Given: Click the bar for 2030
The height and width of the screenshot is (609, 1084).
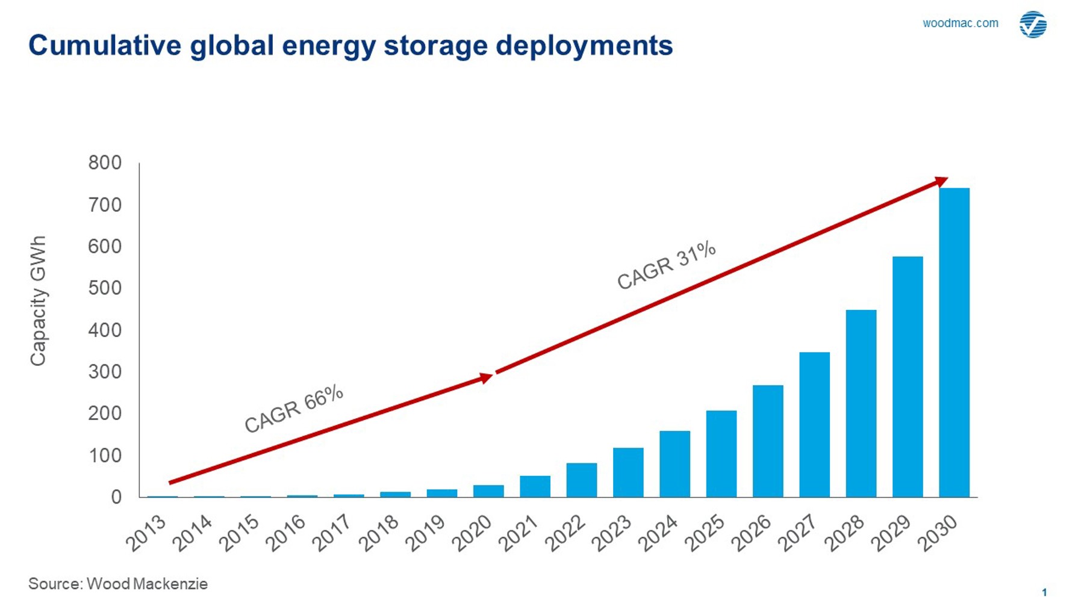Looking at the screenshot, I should coord(954,342).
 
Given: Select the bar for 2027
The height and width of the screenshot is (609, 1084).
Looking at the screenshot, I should coord(814,424).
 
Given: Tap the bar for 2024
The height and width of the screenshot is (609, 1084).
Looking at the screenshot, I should coord(674,463).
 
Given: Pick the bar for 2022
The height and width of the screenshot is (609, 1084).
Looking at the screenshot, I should coord(581,480).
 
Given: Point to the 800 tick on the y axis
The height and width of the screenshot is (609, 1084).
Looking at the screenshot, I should coord(105,162).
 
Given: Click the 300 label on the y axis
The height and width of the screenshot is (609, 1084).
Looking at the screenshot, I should coord(105,371).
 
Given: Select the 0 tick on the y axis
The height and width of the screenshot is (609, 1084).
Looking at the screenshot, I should coord(116,497).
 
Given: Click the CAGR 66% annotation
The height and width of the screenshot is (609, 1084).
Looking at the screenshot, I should coord(293,409).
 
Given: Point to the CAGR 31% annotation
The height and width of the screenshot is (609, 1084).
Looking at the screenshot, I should coord(666,265).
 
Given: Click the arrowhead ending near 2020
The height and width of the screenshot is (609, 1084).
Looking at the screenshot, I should coord(486,378).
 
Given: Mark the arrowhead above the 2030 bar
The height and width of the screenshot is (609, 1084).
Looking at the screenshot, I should coord(941,181).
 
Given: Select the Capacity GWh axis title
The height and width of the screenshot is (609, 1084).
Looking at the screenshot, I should coord(37,300).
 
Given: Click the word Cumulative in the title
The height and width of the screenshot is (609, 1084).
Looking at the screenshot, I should coord(104,46).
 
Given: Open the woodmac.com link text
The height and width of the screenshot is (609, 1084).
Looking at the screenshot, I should coord(960,23).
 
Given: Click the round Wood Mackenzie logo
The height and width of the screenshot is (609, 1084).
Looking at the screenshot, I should coord(1033,24).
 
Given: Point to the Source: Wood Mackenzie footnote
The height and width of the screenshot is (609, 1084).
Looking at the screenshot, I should coord(118,584).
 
